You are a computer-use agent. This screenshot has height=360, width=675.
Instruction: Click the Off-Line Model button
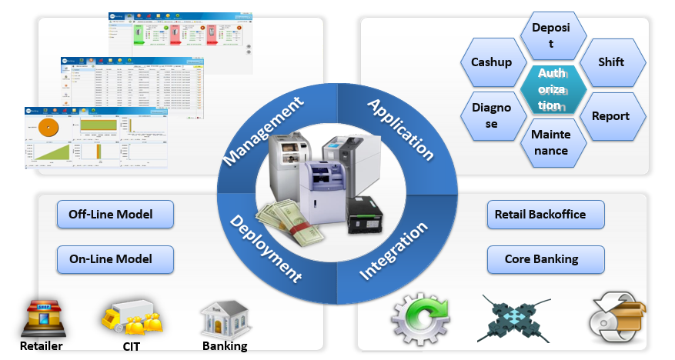tap(115, 214)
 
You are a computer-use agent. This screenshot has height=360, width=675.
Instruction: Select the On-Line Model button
tap(115, 259)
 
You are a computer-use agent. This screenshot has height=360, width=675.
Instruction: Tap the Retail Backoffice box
tap(546, 215)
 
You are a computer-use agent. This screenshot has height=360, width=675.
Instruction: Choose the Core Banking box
tap(546, 259)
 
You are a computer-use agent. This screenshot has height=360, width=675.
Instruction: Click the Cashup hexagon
tap(491, 62)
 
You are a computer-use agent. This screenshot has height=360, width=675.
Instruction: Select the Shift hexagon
tap(611, 62)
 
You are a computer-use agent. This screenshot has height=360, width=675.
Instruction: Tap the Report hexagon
tap(610, 116)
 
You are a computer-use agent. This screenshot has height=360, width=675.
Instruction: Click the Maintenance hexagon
tap(550, 142)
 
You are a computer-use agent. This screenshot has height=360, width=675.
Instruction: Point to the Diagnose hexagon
tap(491, 116)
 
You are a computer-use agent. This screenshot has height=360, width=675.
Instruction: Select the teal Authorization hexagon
tap(550, 89)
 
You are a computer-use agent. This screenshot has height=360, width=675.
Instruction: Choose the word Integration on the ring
tap(393, 251)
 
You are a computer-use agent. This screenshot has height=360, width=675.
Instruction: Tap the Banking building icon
tap(224, 316)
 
